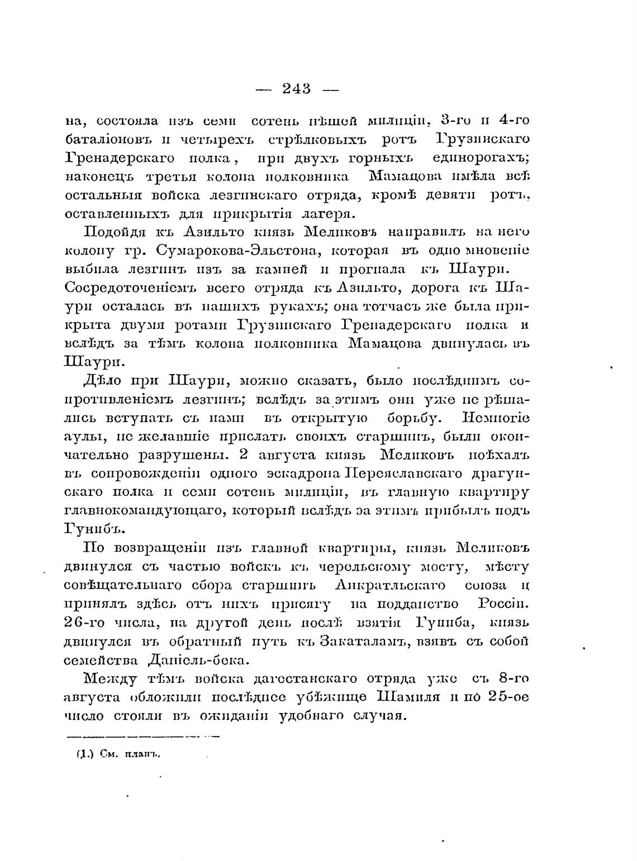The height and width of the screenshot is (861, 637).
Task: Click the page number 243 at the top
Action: pyautogui.click(x=297, y=88)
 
